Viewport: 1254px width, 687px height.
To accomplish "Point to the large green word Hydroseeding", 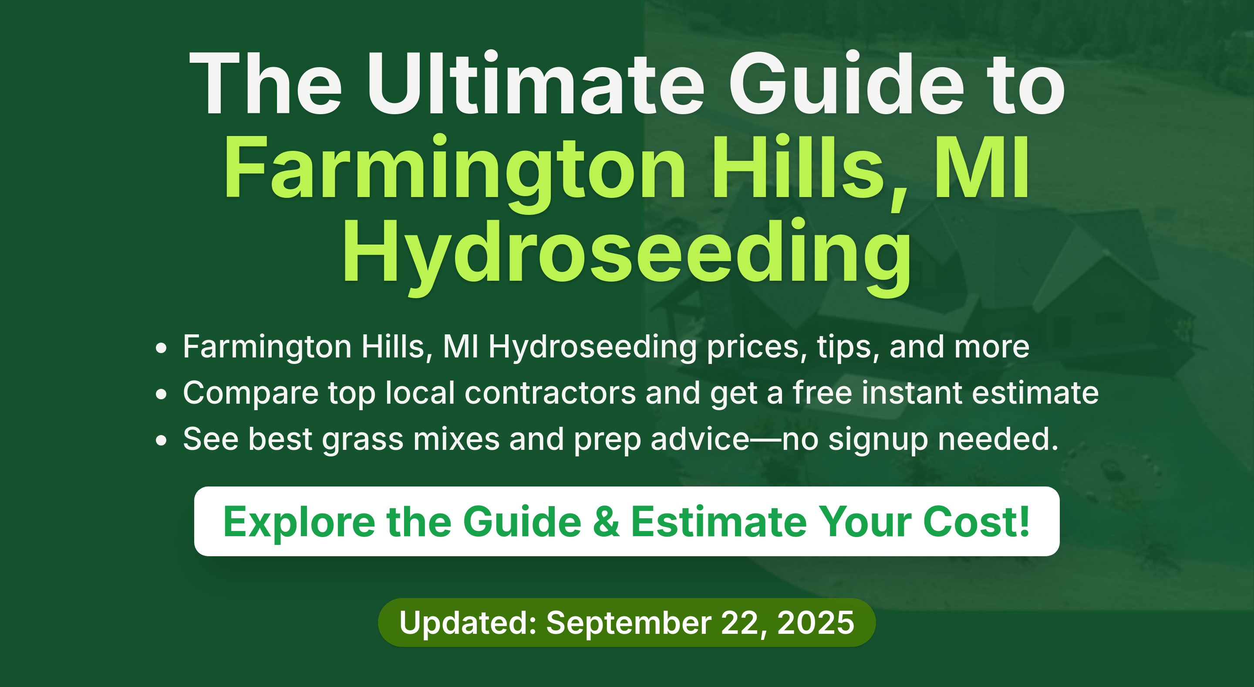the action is (x=627, y=256).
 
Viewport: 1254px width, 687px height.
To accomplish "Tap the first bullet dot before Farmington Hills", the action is (x=161, y=348).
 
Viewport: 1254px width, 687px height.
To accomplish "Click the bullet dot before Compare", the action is (x=161, y=394).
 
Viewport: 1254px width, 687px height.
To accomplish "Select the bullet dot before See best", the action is (x=161, y=440).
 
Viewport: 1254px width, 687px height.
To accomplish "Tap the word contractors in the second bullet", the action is (x=550, y=393).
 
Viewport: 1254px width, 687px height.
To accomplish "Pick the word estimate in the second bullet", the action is (x=1035, y=393).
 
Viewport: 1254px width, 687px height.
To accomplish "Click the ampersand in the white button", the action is (x=607, y=522).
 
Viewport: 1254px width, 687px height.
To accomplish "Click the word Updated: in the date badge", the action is (x=468, y=622).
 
